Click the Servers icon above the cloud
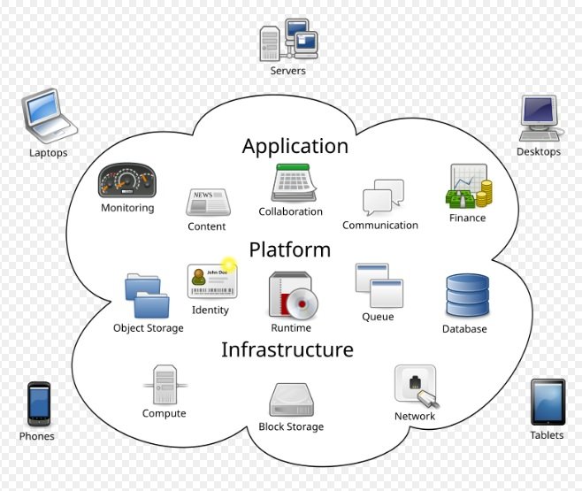coord(287,41)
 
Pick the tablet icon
coord(547,402)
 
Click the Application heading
coord(295,146)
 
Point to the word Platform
coord(289,249)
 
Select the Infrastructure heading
coord(287,349)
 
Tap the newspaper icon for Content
coord(207,203)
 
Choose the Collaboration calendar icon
coord(290,184)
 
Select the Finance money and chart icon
coord(469,187)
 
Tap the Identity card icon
coord(211,281)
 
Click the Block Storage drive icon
coord(290,400)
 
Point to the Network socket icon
coord(415,387)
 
